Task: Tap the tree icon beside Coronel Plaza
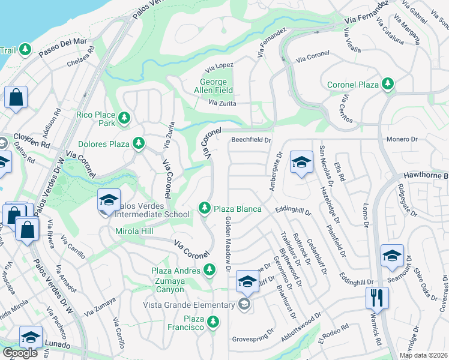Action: click(x=388, y=84)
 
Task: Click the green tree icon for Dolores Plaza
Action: click(x=139, y=143)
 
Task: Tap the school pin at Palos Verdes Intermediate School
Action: click(x=109, y=200)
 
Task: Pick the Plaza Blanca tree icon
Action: click(x=205, y=208)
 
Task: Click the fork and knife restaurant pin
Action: click(x=377, y=297)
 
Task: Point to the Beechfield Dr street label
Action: click(x=252, y=140)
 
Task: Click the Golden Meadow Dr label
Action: click(x=228, y=245)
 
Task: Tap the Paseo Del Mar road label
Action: click(x=63, y=49)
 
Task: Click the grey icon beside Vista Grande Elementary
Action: click(x=244, y=305)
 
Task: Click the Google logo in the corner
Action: click(x=20, y=353)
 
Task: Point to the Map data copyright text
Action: click(x=423, y=355)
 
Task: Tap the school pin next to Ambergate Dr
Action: click(x=301, y=161)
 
